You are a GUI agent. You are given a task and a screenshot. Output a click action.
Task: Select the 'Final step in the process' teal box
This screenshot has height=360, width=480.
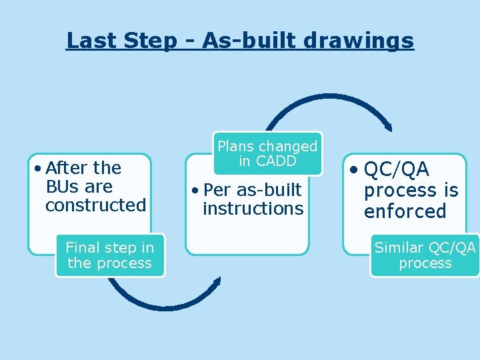[110, 255]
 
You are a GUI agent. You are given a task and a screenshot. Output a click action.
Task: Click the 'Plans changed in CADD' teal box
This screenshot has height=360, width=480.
[267, 153]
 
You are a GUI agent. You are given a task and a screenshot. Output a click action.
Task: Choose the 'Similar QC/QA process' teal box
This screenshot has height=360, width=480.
[425, 255]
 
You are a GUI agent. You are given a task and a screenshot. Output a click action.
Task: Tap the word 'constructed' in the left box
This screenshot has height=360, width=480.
[95, 205]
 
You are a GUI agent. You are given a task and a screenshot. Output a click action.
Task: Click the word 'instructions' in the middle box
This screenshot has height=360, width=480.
[253, 209]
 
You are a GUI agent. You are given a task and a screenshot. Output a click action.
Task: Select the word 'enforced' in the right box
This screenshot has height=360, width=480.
[405, 212]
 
